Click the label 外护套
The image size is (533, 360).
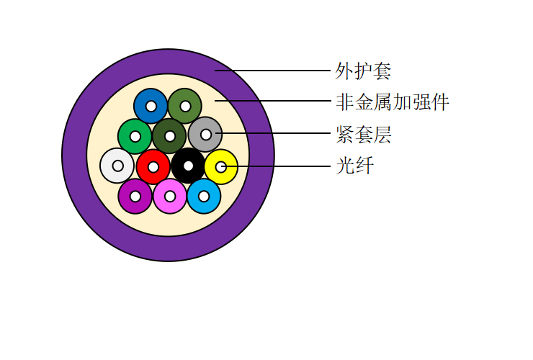coord(363,71)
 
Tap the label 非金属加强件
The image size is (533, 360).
coord(393,102)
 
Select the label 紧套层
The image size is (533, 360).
coord(364,134)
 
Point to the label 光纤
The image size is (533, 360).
coord(355,166)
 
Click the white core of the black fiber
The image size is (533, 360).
coord(188,166)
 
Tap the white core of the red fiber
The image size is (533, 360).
coord(153,167)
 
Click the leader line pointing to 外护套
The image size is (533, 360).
coord(272,71)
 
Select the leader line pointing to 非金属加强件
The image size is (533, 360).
coord(272,101)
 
